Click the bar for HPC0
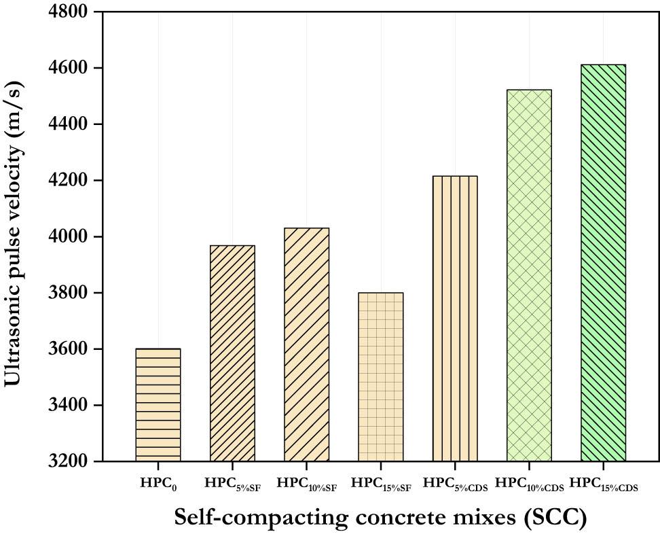[x=158, y=405]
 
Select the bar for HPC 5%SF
[x=232, y=353]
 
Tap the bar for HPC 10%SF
[x=306, y=344]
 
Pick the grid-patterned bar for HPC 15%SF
[x=380, y=377]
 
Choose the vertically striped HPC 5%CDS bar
[x=455, y=319]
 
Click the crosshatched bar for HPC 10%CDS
[x=529, y=275]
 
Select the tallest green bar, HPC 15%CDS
[x=603, y=263]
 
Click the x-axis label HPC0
[x=158, y=483]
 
